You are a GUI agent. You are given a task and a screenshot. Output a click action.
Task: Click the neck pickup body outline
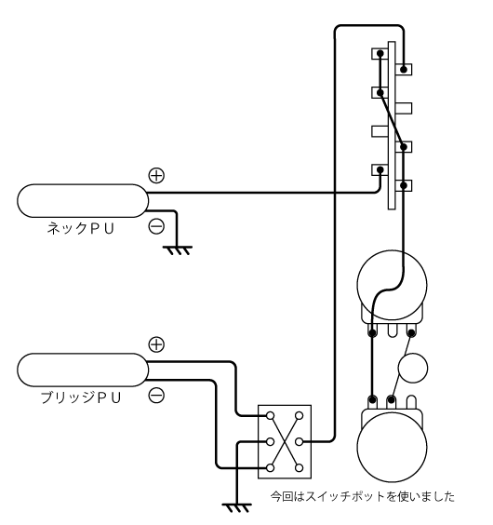(83, 184)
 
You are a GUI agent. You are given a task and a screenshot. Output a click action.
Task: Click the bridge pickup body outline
(83, 354)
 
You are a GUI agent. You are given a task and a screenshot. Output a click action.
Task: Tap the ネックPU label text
(81, 229)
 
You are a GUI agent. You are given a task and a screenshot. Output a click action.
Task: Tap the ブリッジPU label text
(81, 397)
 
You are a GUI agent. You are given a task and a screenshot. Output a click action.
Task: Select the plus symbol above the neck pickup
(156, 175)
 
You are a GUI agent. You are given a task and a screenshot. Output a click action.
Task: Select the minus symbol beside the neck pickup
(156, 226)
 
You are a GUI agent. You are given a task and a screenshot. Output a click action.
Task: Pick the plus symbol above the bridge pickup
(156, 344)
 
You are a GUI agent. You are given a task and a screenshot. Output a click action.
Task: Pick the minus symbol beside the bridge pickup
(156, 396)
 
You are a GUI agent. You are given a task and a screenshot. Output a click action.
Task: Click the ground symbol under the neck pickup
(178, 250)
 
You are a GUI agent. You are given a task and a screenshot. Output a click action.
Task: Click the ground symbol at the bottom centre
(237, 507)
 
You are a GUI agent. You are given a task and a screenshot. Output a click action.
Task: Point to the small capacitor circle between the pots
(413, 368)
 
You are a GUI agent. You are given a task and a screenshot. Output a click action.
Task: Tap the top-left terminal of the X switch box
(271, 416)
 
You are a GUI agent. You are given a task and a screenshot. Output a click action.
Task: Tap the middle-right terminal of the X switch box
(300, 442)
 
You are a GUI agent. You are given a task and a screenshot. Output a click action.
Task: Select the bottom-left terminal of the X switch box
(271, 467)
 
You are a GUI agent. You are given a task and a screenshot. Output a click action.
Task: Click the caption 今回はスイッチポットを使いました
(363, 496)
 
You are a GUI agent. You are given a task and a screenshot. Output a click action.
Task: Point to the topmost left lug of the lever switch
(380, 54)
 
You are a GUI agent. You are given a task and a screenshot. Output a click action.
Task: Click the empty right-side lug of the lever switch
(404, 109)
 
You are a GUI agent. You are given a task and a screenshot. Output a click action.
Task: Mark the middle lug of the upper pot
(392, 330)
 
